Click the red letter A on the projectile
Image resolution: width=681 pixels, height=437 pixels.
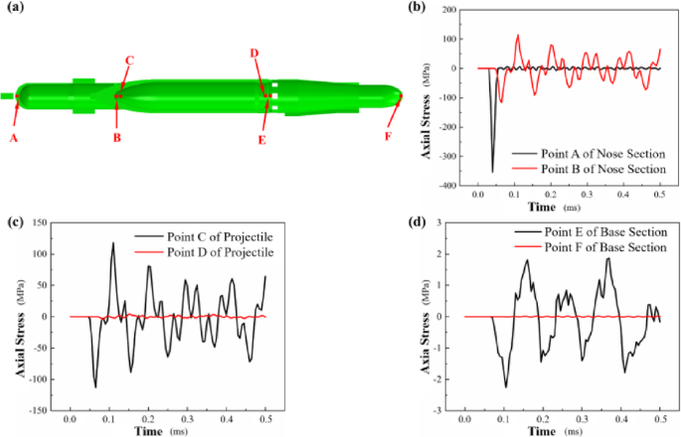pos(14,138)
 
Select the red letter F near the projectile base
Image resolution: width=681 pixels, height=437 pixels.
pos(389,136)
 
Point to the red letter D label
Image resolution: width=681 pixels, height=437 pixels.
pos(254,53)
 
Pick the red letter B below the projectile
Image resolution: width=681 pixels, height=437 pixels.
pos(116,138)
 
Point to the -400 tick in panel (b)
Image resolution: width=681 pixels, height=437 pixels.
pos(460,186)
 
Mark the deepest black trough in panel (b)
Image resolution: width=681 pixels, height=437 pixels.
pos(492,172)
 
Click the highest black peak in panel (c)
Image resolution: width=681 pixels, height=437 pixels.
pos(112,243)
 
